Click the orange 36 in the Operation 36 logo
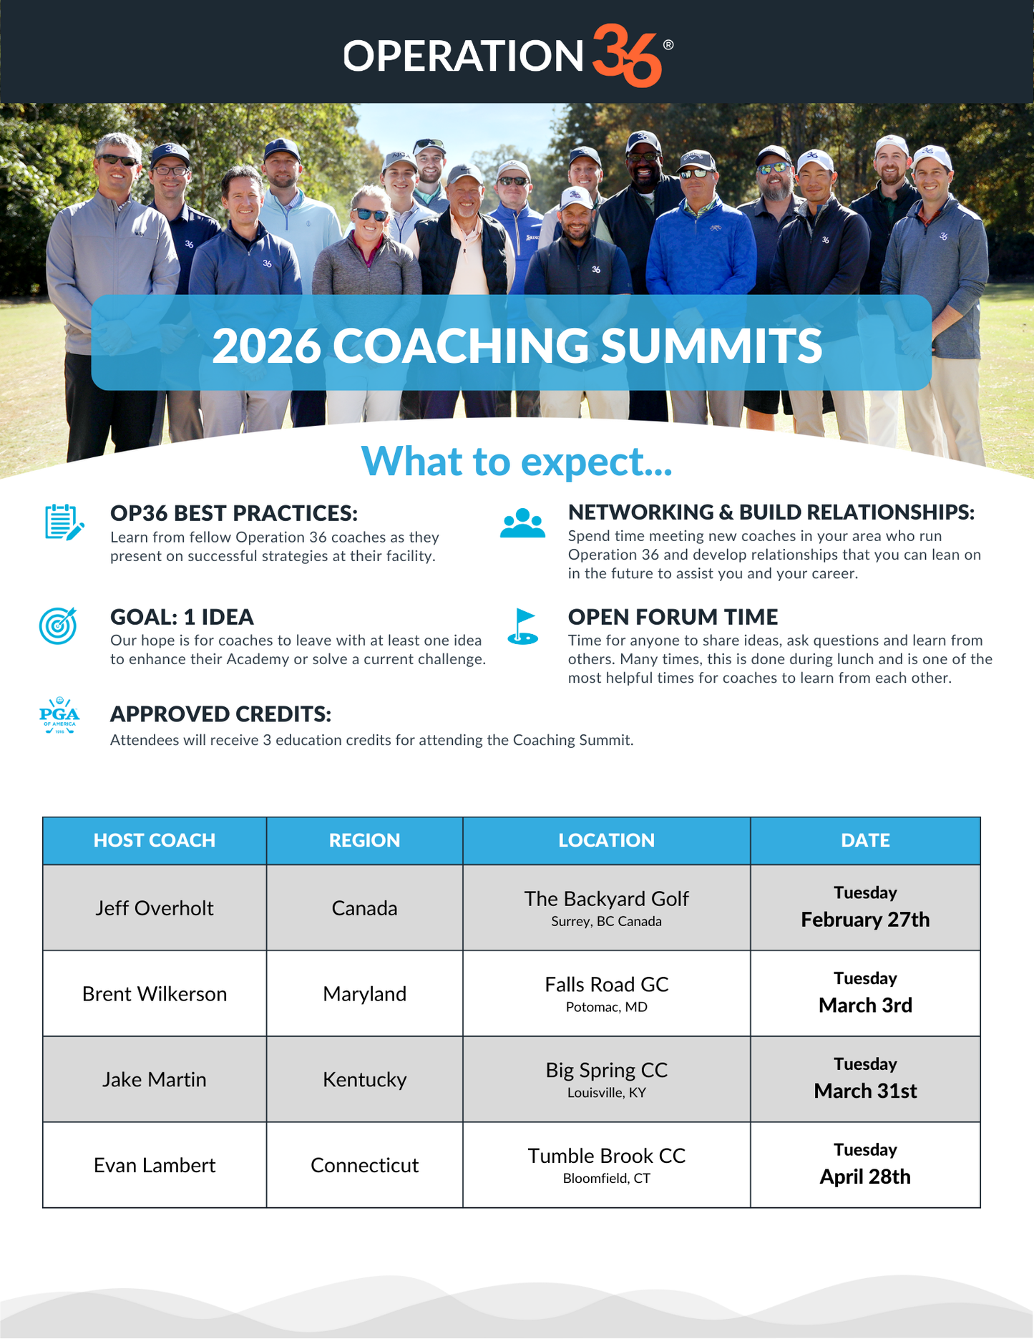[x=627, y=56]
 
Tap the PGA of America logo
[x=59, y=715]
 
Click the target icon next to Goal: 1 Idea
[x=58, y=625]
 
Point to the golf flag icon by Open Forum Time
[x=523, y=626]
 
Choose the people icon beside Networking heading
[x=522, y=523]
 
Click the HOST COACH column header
[x=155, y=840]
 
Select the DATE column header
[x=865, y=840]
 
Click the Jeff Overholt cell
[x=155, y=908]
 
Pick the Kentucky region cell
[x=364, y=1079]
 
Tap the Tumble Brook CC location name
[x=606, y=1156]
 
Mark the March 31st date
[x=865, y=1091]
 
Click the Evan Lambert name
[x=155, y=1165]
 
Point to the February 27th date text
[x=865, y=920]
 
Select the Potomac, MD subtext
[x=606, y=1007]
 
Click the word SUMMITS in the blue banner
[x=711, y=346]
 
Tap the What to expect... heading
[x=517, y=462]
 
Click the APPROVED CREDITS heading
[x=220, y=714]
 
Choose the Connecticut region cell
[x=364, y=1165]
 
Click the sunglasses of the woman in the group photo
[x=371, y=214]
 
